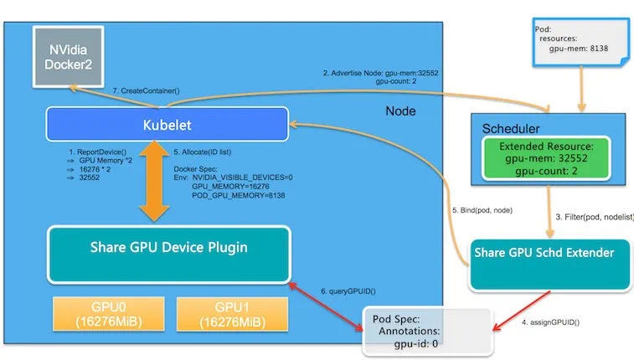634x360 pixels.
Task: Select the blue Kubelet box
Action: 166,124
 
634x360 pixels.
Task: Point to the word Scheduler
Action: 512,128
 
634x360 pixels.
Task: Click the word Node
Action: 401,111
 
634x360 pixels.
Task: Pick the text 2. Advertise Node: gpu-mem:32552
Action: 380,73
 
